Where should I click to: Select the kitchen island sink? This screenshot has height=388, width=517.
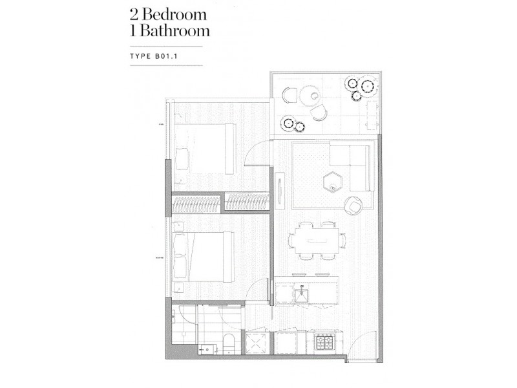point(301,295)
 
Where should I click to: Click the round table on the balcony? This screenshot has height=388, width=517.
point(311,98)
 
